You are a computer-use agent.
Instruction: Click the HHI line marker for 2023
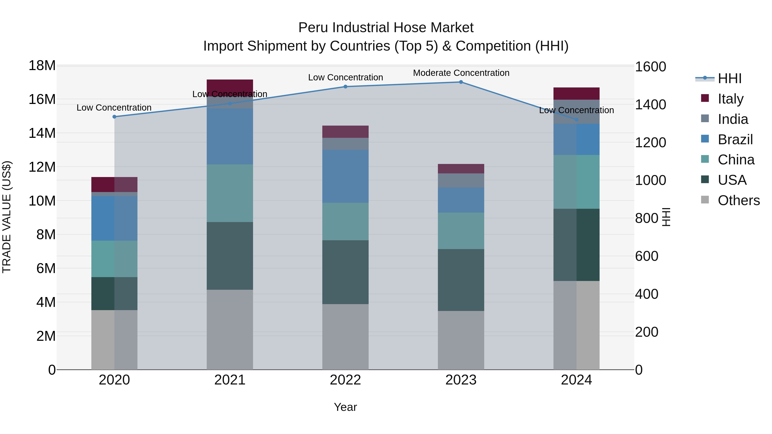pyautogui.click(x=461, y=82)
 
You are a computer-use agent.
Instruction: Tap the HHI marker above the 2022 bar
pyautogui.click(x=345, y=87)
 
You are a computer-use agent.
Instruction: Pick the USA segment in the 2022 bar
pyautogui.click(x=345, y=272)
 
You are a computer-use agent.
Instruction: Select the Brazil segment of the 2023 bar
pyautogui.click(x=461, y=200)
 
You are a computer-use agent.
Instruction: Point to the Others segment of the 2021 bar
pyautogui.click(x=230, y=329)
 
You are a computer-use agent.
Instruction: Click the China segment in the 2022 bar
pyautogui.click(x=345, y=221)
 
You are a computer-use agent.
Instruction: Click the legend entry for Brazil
pyautogui.click(x=735, y=139)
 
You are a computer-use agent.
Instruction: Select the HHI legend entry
pyautogui.click(x=730, y=78)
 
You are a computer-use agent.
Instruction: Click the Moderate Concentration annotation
pyautogui.click(x=461, y=73)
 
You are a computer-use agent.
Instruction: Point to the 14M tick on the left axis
pyautogui.click(x=42, y=133)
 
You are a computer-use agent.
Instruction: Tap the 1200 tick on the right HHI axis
pyautogui.click(x=650, y=142)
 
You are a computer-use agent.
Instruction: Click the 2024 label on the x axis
pyautogui.click(x=576, y=380)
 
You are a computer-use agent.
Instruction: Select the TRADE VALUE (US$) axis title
pyautogui.click(x=7, y=217)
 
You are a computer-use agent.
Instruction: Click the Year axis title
pyautogui.click(x=345, y=407)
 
